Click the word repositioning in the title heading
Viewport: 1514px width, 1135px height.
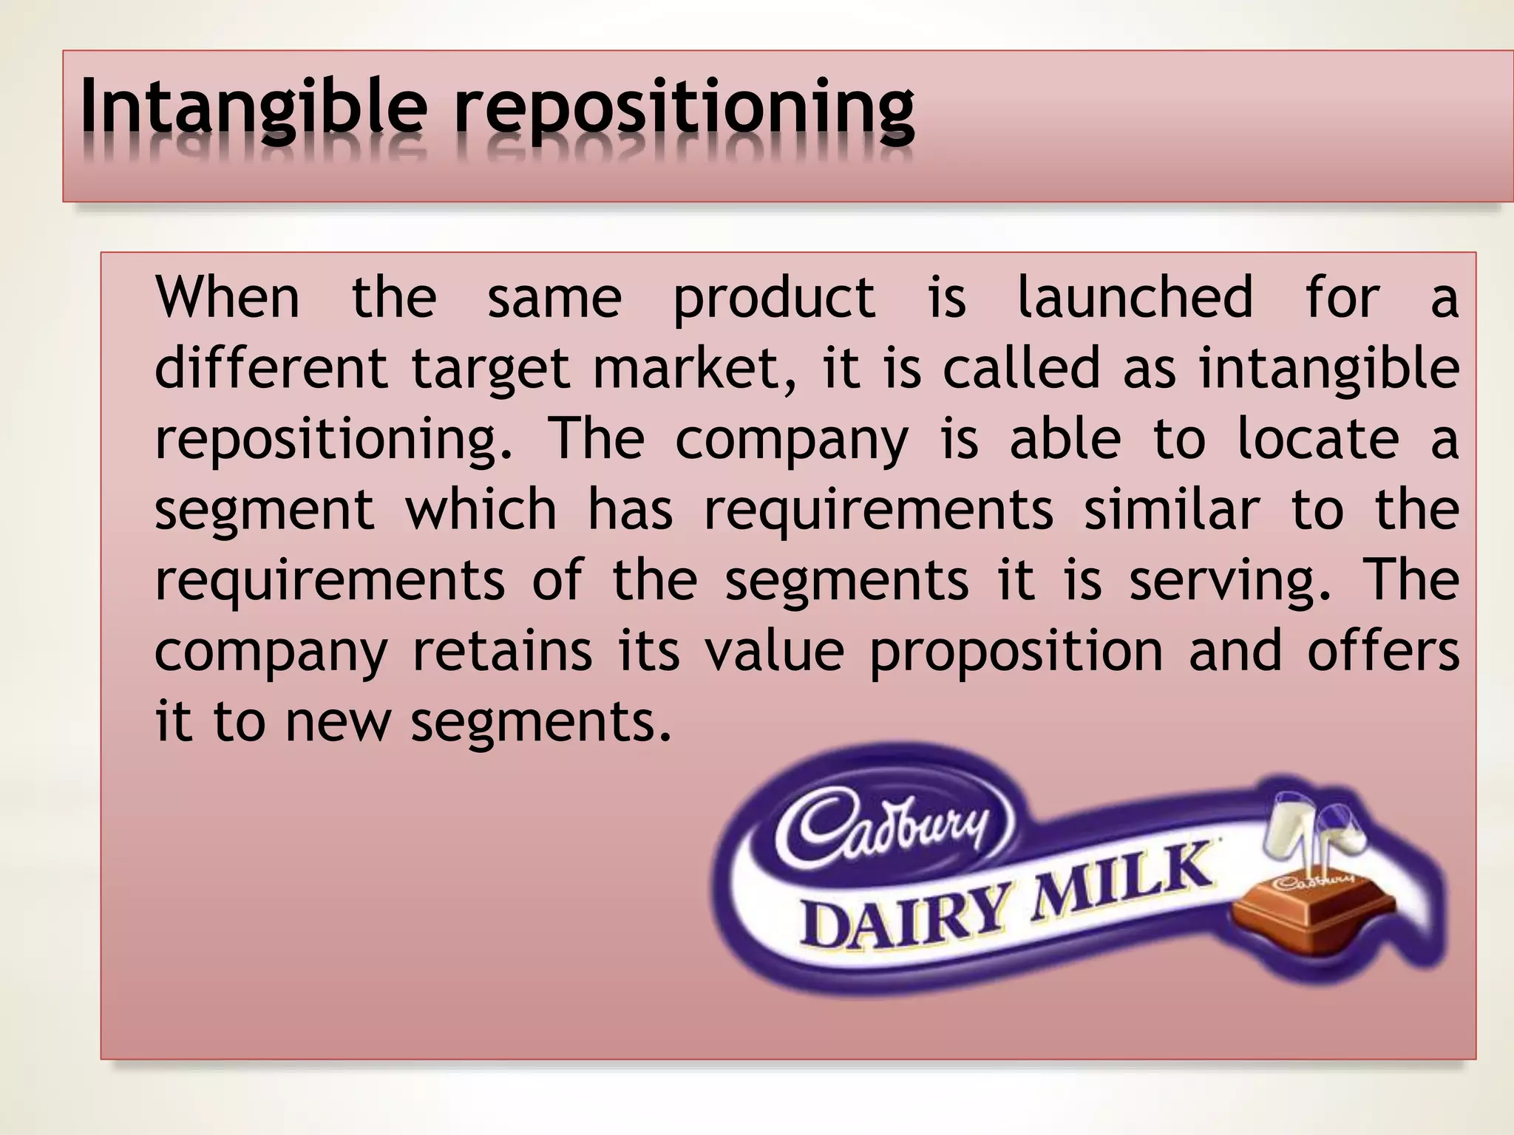pos(685,111)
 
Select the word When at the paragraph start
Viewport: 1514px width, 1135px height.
pos(227,297)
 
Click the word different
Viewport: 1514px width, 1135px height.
pos(271,368)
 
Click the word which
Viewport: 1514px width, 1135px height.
pos(481,510)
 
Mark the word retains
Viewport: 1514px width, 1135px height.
pos(502,652)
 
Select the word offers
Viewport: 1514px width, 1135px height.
pos(1383,652)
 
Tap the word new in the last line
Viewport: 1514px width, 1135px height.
pos(337,723)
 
